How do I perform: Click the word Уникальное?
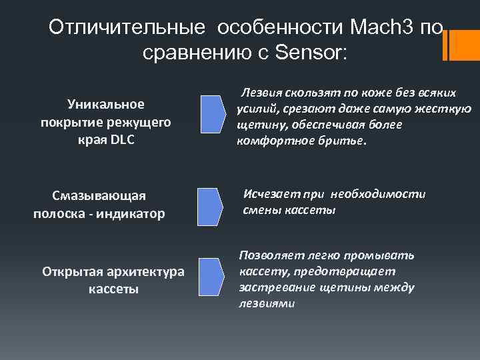(107, 104)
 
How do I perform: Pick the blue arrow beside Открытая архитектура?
(213, 273)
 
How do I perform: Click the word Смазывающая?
(98, 196)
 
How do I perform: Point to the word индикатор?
(135, 213)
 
